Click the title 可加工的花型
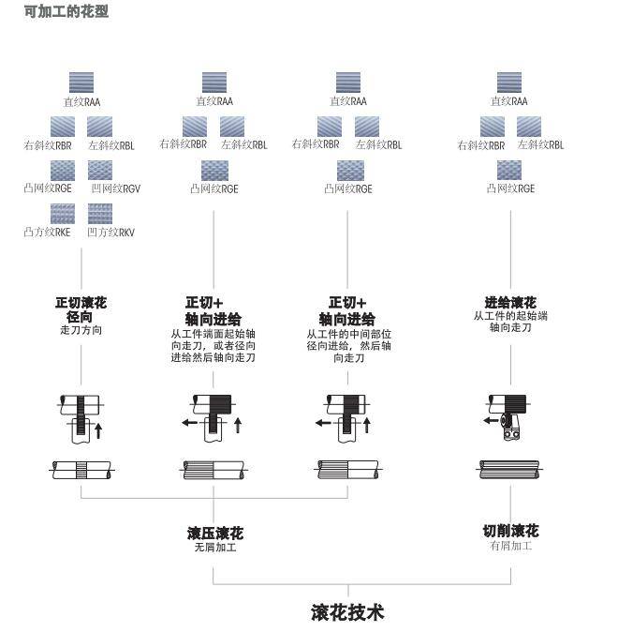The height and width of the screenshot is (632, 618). (66, 11)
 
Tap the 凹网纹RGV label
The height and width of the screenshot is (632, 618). (115, 188)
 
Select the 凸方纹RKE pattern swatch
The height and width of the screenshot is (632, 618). (63, 214)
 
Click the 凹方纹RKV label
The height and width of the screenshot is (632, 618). (110, 233)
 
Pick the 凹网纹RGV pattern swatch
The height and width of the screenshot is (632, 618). (100, 170)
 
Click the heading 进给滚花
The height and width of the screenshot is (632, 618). (510, 302)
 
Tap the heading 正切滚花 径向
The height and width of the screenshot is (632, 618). (81, 309)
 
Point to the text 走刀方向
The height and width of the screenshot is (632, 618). (81, 330)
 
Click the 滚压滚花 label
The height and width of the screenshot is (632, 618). (215, 533)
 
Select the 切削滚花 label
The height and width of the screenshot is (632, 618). (510, 531)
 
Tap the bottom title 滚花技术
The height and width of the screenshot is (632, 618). (347, 612)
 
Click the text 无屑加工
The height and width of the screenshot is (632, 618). (215, 547)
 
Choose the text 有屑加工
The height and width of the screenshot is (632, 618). (510, 546)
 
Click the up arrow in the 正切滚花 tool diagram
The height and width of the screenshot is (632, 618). (98, 430)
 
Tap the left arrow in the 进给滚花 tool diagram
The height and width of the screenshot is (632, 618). (491, 421)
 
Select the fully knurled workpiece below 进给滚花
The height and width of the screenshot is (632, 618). (509, 470)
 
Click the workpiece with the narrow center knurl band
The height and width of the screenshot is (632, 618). (81, 470)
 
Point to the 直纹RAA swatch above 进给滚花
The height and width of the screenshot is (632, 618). (508, 83)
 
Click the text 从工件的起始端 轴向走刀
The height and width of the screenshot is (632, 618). (510, 322)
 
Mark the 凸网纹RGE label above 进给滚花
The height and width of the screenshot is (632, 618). (510, 188)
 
